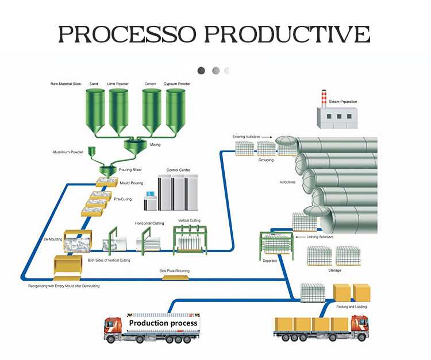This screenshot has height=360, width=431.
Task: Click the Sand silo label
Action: (94, 84)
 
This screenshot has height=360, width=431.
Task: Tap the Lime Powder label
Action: (118, 84)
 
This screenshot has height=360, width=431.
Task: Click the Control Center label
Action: (178, 170)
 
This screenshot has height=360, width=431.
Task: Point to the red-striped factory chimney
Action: (324, 98)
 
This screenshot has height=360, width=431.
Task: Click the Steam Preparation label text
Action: (343, 102)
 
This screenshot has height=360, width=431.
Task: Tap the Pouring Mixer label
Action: (130, 171)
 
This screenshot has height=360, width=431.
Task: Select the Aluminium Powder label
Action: (68, 152)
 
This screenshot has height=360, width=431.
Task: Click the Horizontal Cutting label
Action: (149, 223)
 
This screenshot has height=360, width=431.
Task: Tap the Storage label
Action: (334, 270)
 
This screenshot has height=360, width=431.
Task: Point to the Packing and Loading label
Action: (351, 307)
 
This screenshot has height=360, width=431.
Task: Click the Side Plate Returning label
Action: (174, 271)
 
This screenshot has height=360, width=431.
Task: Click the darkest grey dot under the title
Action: (201, 71)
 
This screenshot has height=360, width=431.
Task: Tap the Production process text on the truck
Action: (163, 323)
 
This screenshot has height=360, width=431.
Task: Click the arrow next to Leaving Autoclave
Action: (297, 236)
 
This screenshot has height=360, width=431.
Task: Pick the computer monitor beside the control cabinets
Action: (151, 199)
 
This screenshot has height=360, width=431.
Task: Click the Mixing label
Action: (155, 145)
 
